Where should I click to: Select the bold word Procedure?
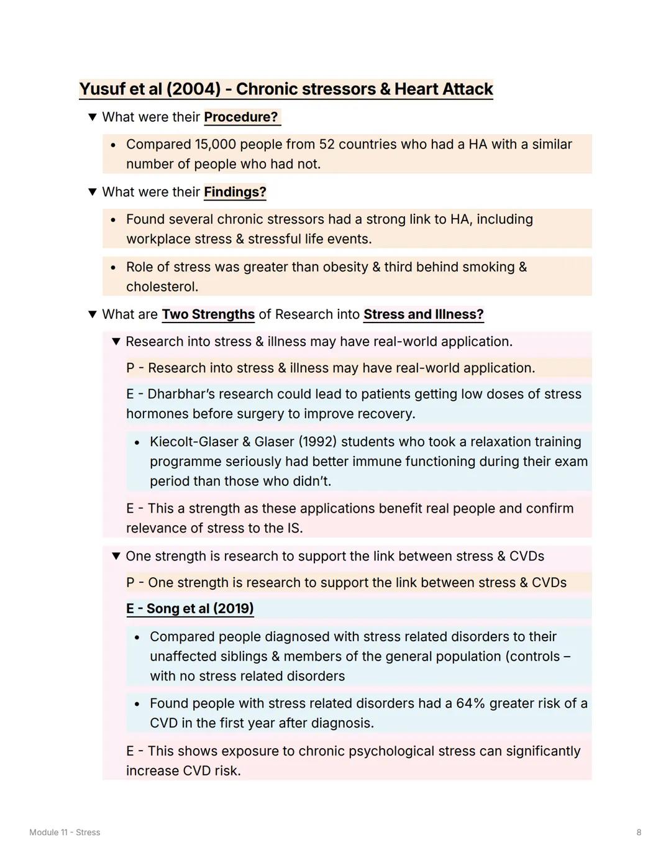[x=241, y=117]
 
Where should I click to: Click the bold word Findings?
[x=235, y=192]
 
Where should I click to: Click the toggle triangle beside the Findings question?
[x=93, y=192]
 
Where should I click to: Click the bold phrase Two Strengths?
[x=208, y=314]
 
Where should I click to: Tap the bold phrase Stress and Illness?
[x=423, y=314]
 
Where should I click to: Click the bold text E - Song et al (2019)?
[x=190, y=608]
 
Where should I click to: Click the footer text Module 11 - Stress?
[x=65, y=832]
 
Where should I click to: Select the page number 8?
[x=639, y=832]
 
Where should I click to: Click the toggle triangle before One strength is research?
[x=116, y=556]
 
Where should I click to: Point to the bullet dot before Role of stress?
[x=113, y=268]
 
